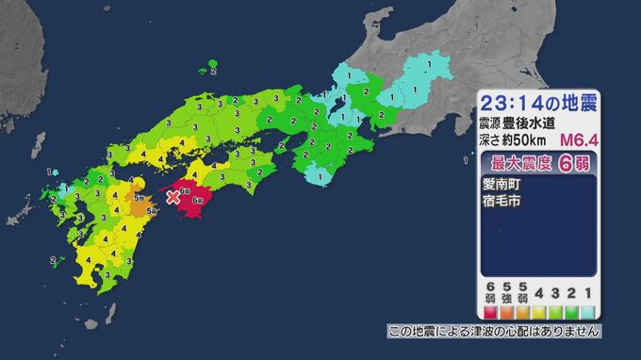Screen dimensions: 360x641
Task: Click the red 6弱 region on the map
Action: pyautogui.click(x=192, y=205)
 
